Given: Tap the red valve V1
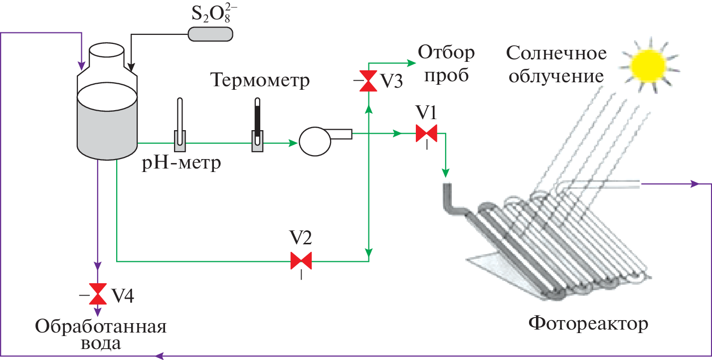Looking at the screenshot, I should (x=426, y=134).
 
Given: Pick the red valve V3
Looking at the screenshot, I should (x=369, y=81).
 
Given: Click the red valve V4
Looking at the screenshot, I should (x=98, y=294).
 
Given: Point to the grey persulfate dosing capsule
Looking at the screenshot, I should (x=210, y=33).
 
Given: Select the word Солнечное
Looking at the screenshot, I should (x=556, y=52).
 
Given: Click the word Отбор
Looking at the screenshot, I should (x=446, y=51).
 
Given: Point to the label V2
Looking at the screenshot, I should (x=301, y=238).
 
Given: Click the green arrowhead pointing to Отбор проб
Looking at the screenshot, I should (x=412, y=63).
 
